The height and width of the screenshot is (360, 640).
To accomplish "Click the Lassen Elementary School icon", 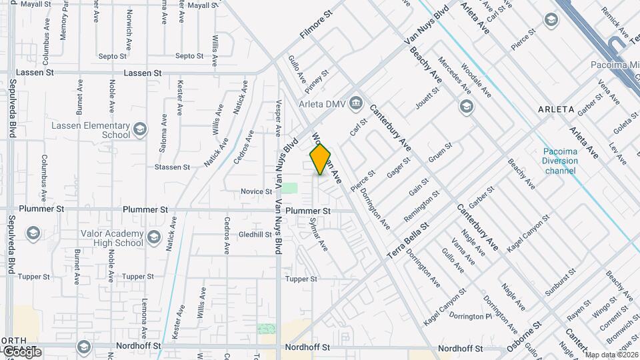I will click(140, 129).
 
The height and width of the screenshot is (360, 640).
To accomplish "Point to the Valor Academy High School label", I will click(111, 238).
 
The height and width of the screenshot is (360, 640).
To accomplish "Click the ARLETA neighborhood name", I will click(556, 109).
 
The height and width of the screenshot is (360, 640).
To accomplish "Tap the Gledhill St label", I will click(252, 235).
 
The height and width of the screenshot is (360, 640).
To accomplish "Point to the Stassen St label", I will click(167, 167).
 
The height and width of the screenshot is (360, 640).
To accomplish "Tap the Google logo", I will click(21, 352).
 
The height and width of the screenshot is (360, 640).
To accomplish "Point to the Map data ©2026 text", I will click(611, 355).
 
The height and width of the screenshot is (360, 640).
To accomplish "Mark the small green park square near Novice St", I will click(289, 187).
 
